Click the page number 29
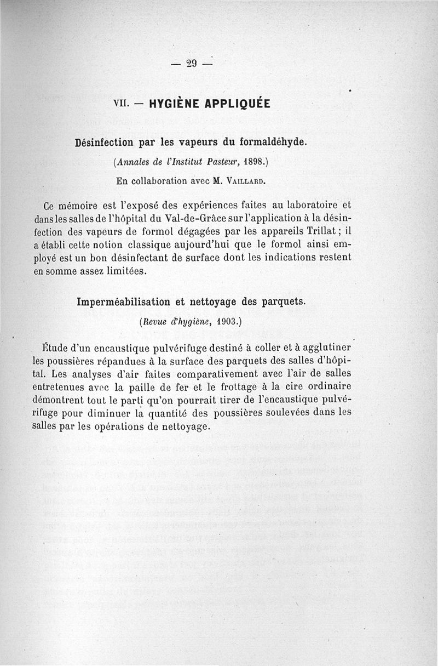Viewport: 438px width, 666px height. tap(191, 62)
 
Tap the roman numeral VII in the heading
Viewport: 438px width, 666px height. tap(120, 103)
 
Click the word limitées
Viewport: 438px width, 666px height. tap(124, 271)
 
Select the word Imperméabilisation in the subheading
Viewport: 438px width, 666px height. tap(124, 301)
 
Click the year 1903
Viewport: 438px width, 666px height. tap(226, 322)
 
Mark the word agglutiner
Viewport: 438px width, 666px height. tap(323, 348)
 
